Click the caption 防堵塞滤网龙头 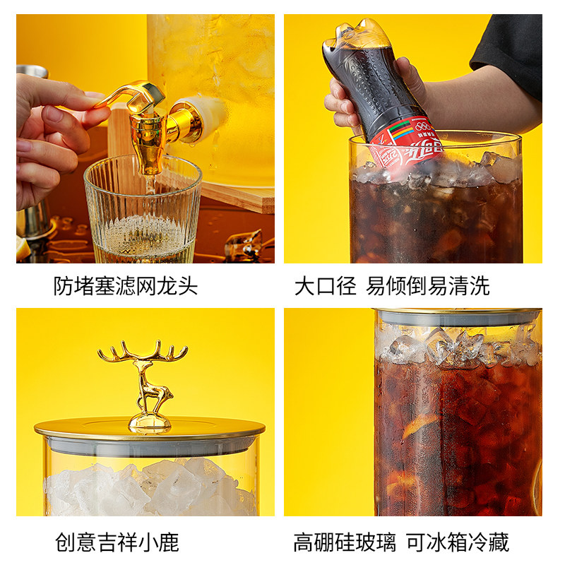pos(126,286)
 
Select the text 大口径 pos(325,286)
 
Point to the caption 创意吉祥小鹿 pos(117,542)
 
